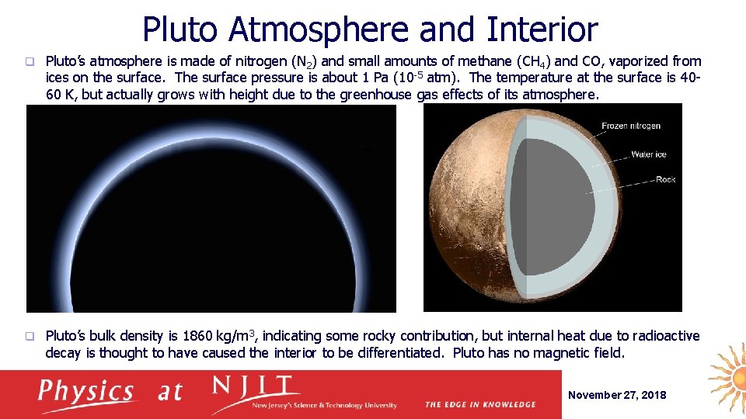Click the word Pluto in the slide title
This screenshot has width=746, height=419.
click(182, 29)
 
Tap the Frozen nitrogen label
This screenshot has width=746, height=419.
click(630, 126)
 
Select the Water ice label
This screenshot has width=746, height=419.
click(648, 154)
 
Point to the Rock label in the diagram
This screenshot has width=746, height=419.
click(665, 179)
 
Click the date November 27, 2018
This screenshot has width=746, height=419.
click(617, 395)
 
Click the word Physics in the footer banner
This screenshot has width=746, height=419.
click(86, 390)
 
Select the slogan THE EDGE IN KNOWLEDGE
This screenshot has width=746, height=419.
click(479, 404)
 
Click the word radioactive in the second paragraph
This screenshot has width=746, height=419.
click(666, 336)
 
